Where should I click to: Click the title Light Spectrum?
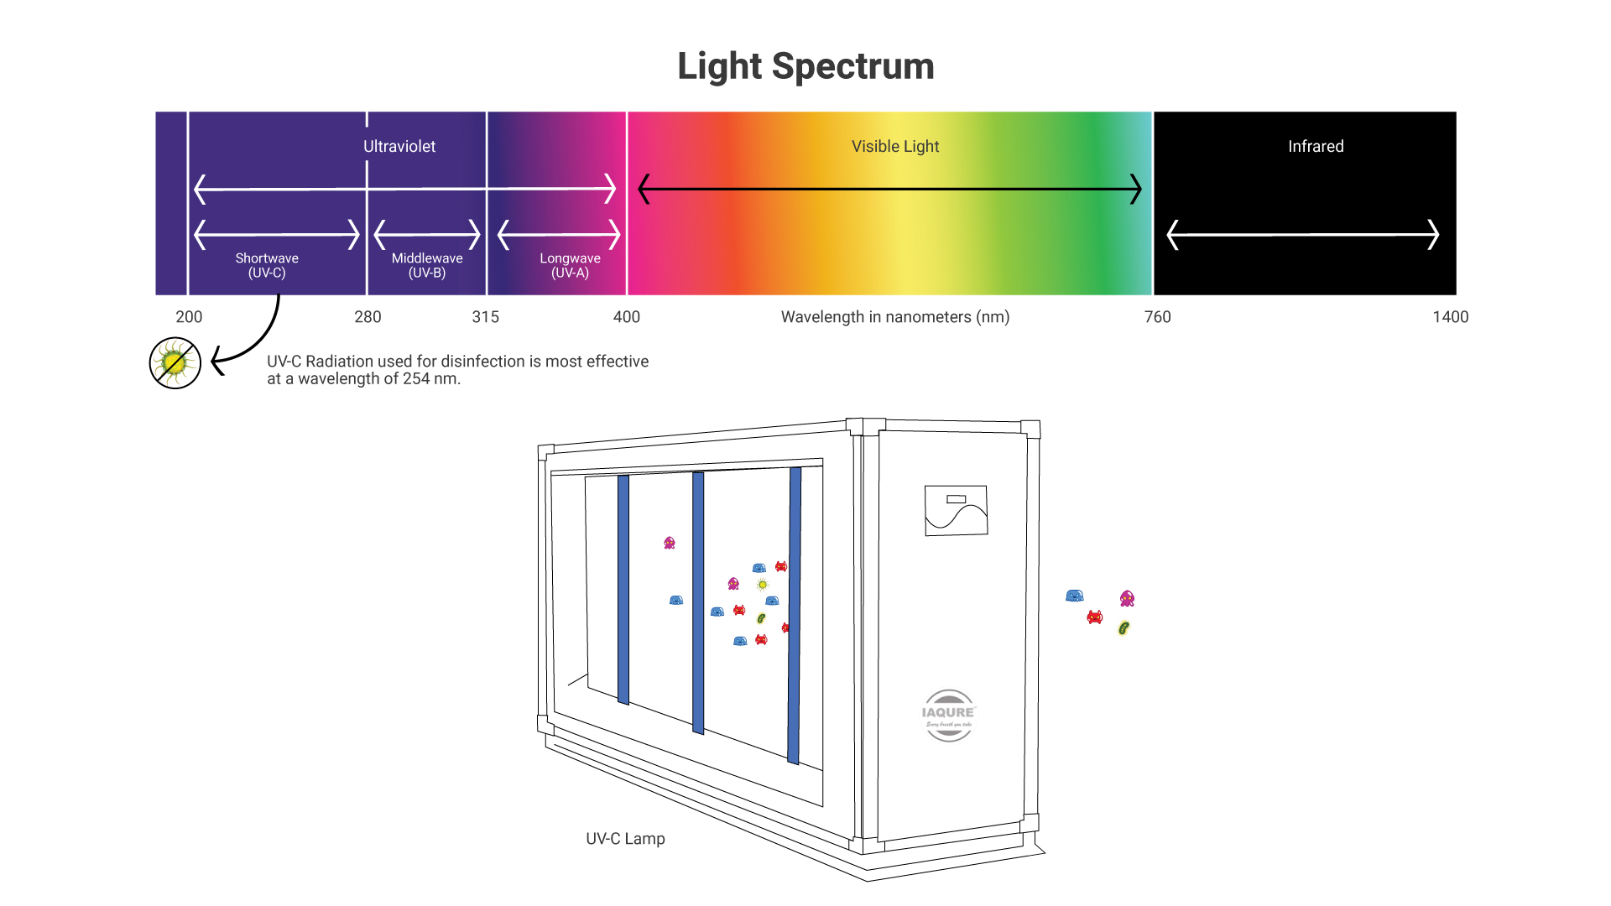(805, 66)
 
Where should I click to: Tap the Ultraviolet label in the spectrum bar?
(399, 147)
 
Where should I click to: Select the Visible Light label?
(895, 147)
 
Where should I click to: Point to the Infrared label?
(1316, 147)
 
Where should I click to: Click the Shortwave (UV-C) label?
(267, 265)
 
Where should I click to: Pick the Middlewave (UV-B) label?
(427, 265)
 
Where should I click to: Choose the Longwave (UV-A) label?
(570, 265)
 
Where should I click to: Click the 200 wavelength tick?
(189, 317)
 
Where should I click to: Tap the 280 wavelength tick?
(368, 317)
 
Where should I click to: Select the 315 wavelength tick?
(485, 317)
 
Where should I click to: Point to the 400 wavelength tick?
(627, 317)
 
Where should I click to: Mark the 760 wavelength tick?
(1158, 317)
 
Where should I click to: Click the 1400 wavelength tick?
(1450, 317)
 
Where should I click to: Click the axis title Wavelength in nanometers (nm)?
(895, 317)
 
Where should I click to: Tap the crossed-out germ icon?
(175, 363)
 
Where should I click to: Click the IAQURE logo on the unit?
(949, 716)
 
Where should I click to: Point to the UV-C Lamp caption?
(625, 839)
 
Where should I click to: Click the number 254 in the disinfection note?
(416, 379)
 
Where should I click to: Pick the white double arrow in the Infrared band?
(1303, 235)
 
